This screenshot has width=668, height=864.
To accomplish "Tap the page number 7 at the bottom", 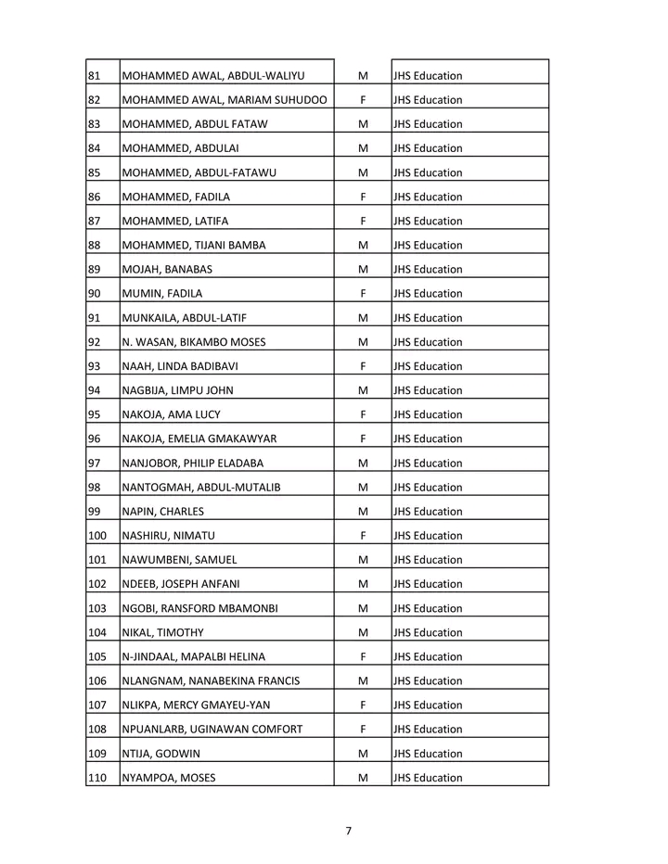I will [x=348, y=830].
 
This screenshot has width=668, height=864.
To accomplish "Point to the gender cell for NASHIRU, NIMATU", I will [x=362, y=536].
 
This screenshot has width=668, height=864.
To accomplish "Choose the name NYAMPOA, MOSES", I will [x=169, y=778].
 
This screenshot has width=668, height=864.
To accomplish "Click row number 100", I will [x=96, y=536].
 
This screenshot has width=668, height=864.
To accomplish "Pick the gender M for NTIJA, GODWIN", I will [x=362, y=754].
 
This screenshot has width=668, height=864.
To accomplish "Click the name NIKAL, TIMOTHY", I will [x=163, y=632].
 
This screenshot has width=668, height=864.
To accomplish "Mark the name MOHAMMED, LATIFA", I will [x=175, y=222].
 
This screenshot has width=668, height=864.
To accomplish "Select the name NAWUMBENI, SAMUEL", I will [x=180, y=560].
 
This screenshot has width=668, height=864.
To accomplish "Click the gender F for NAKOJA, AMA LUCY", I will [x=362, y=414].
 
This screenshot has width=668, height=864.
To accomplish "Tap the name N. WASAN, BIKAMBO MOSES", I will [x=194, y=342].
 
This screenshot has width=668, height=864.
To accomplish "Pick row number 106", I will [x=96, y=681].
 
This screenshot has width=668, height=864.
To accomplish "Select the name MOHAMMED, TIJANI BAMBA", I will [x=194, y=246].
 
